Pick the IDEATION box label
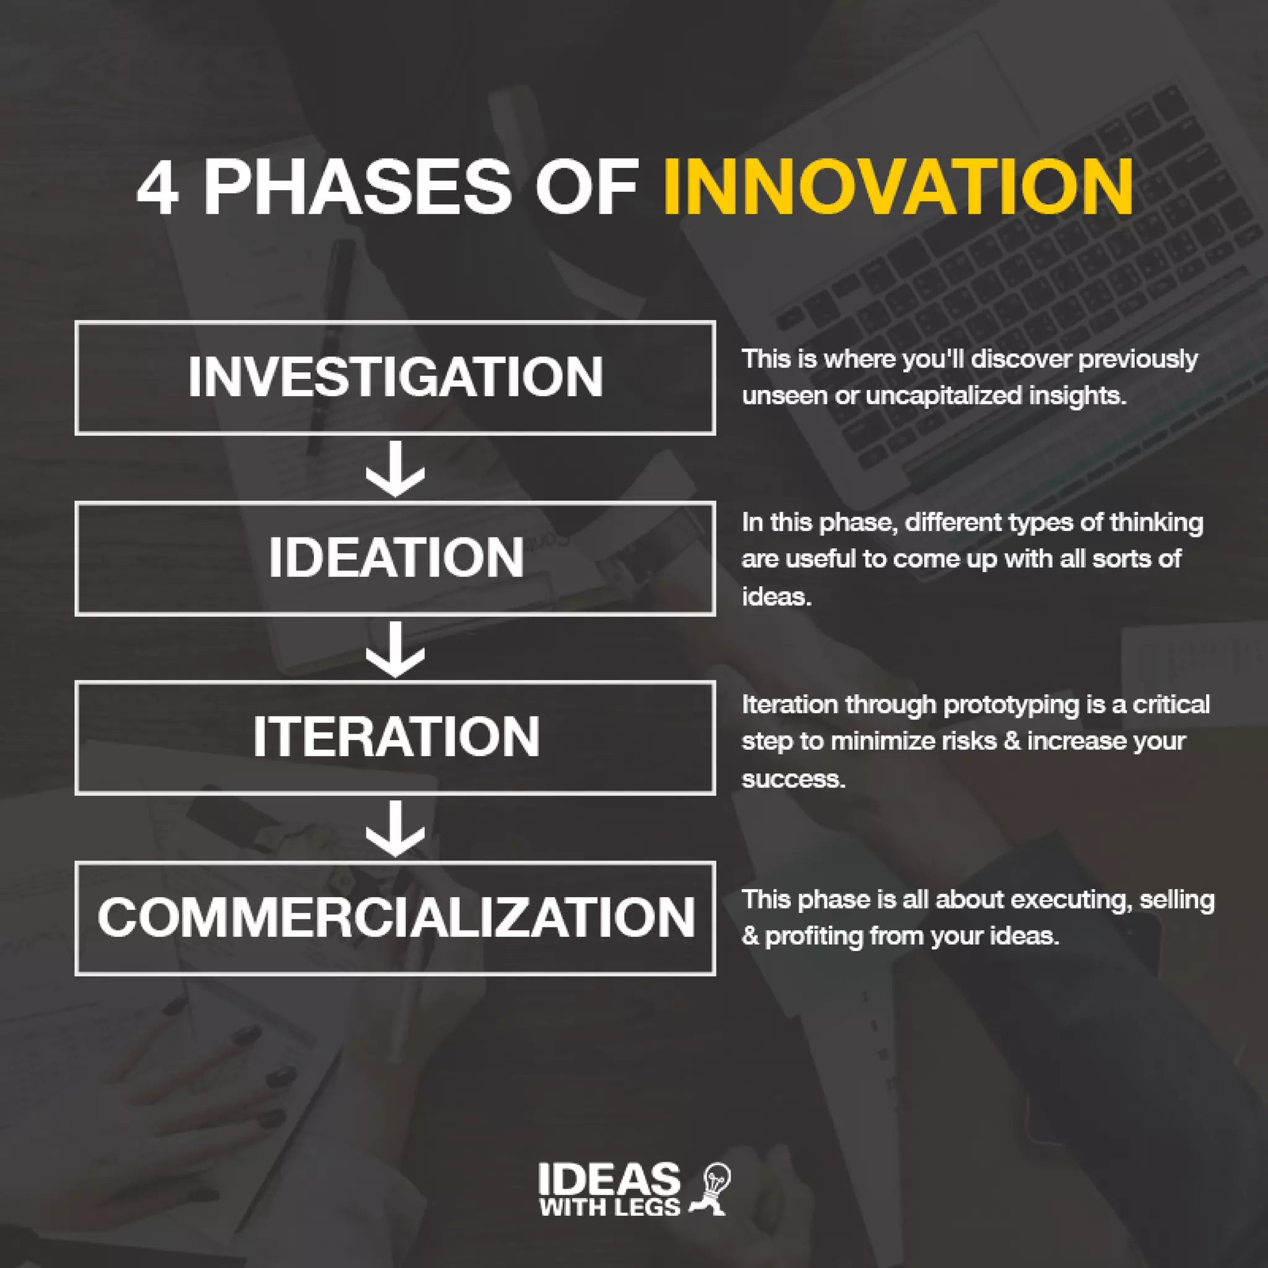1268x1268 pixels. click(396, 558)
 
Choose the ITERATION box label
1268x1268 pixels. click(396, 736)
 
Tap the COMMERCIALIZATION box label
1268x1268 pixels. click(396, 917)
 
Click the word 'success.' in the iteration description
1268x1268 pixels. click(793, 778)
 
